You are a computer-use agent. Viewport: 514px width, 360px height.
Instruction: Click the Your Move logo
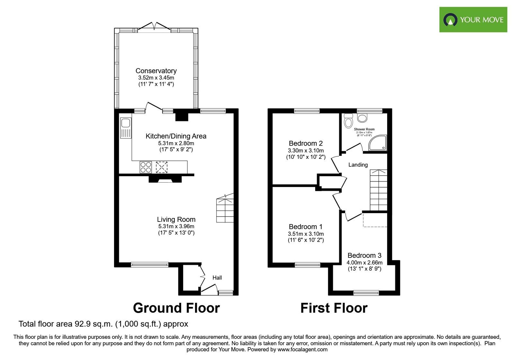[x=473, y=20]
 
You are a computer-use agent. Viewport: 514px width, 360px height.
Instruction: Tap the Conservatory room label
[x=156, y=71]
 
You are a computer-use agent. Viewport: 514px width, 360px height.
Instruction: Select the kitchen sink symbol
[x=126, y=128]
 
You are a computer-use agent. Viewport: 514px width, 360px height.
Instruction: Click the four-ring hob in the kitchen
[x=146, y=167]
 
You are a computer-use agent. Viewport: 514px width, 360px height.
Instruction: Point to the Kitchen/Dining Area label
[x=176, y=136]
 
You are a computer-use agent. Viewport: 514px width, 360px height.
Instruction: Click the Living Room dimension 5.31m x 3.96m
[x=176, y=226]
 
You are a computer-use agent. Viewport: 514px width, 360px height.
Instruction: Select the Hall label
[x=217, y=277]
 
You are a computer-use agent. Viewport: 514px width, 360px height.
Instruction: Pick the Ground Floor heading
[x=176, y=308]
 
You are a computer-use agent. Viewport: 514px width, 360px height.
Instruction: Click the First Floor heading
[x=334, y=308]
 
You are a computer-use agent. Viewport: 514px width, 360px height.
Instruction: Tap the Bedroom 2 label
[x=306, y=143]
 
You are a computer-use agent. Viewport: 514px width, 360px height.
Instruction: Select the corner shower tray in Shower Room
[x=378, y=143]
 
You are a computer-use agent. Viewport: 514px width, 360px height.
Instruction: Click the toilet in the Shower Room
[x=348, y=121]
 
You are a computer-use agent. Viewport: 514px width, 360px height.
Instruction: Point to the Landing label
[x=358, y=165]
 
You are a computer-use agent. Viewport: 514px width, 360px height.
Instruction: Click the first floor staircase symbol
[x=378, y=190]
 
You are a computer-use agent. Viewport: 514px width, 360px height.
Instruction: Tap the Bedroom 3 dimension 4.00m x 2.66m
[x=364, y=262]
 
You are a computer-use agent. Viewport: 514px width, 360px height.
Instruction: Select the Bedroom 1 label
[x=306, y=227]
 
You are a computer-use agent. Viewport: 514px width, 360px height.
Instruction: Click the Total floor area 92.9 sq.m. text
[x=103, y=324]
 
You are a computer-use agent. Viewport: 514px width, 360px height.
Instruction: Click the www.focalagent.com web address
[x=302, y=349]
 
